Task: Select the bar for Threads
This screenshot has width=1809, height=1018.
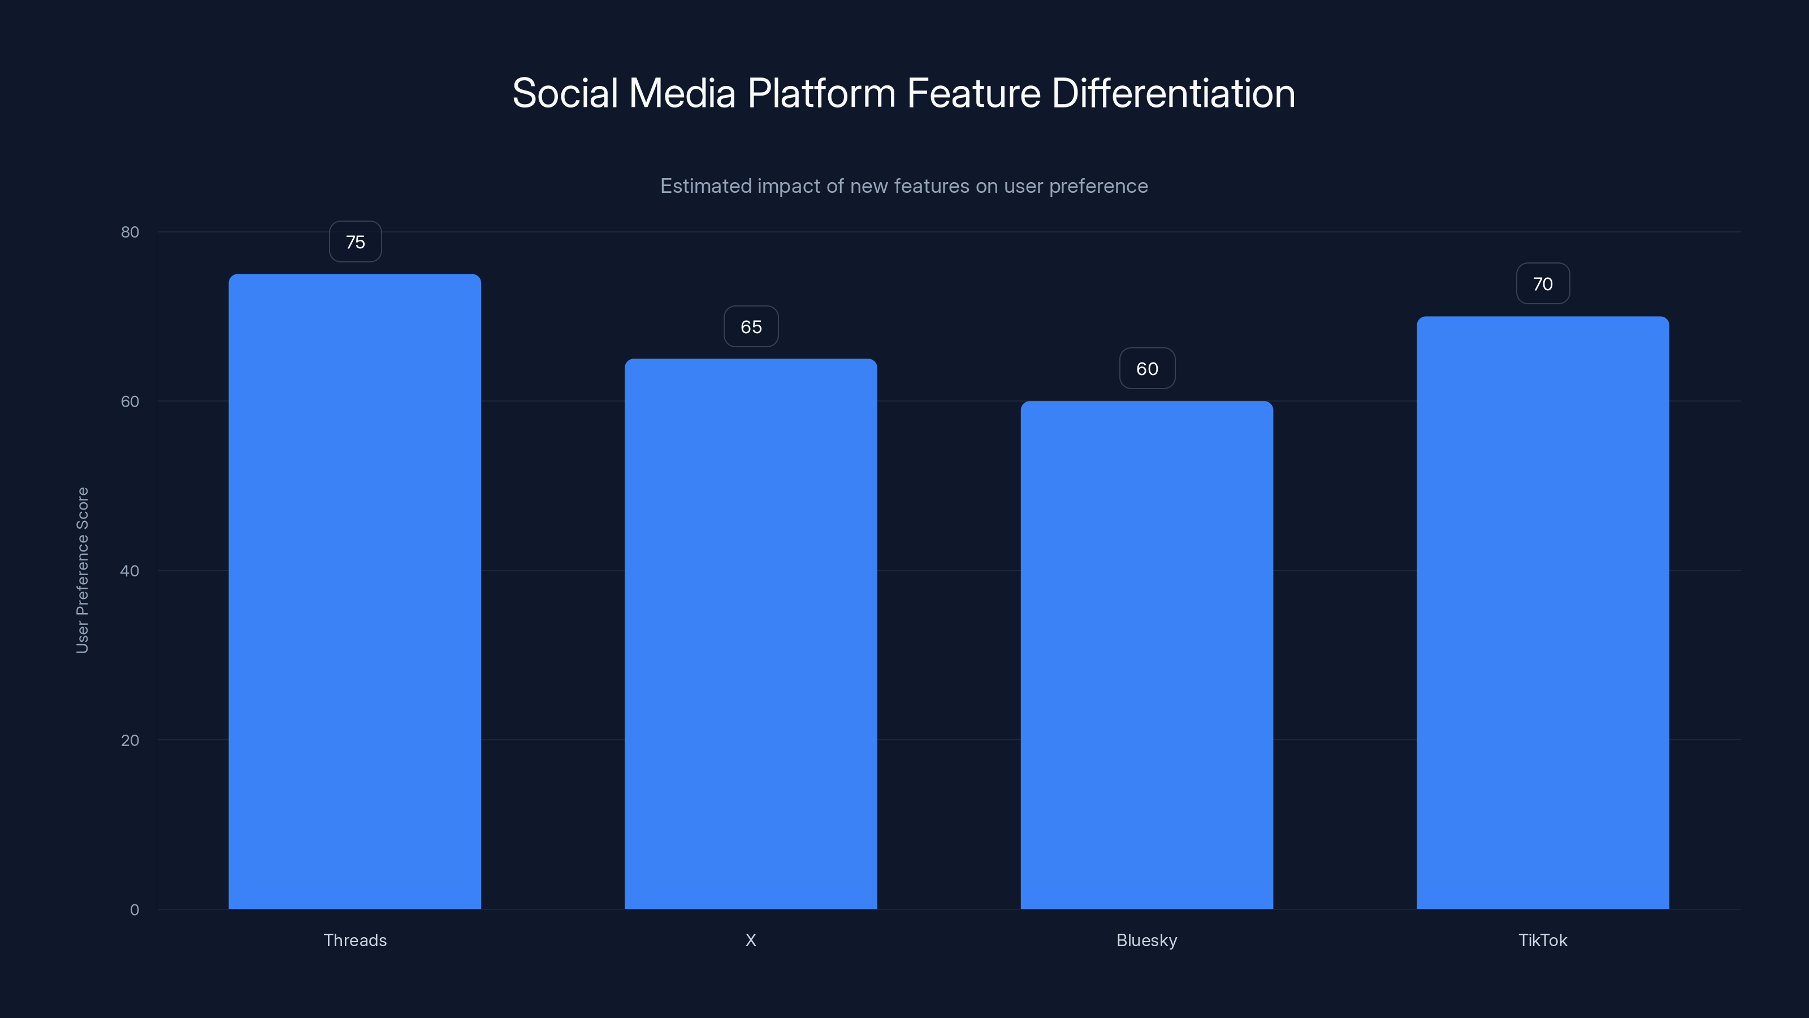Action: click(354, 591)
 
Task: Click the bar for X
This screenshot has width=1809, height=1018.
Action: click(751, 633)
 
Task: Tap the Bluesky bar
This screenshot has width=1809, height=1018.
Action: click(1147, 654)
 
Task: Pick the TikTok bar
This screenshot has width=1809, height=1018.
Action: click(1542, 612)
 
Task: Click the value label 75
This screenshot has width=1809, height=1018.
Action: click(356, 241)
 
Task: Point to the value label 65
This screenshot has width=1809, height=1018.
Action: click(751, 327)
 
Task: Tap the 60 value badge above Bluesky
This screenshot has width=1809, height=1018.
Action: click(1147, 369)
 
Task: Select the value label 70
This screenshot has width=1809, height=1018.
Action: click(1542, 284)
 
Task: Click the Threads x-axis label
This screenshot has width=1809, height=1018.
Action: click(354, 940)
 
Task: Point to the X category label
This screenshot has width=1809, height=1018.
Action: click(751, 940)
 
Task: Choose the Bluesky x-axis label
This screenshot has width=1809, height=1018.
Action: click(1147, 940)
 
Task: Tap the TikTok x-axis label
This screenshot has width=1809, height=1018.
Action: click(1542, 940)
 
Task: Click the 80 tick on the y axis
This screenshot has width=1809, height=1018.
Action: click(130, 232)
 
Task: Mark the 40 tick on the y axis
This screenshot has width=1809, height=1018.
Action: click(130, 571)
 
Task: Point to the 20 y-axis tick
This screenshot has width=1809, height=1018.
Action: click(130, 740)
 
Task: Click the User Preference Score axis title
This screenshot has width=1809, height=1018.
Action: click(82, 570)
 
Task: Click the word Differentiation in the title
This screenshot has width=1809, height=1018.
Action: click(1173, 93)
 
